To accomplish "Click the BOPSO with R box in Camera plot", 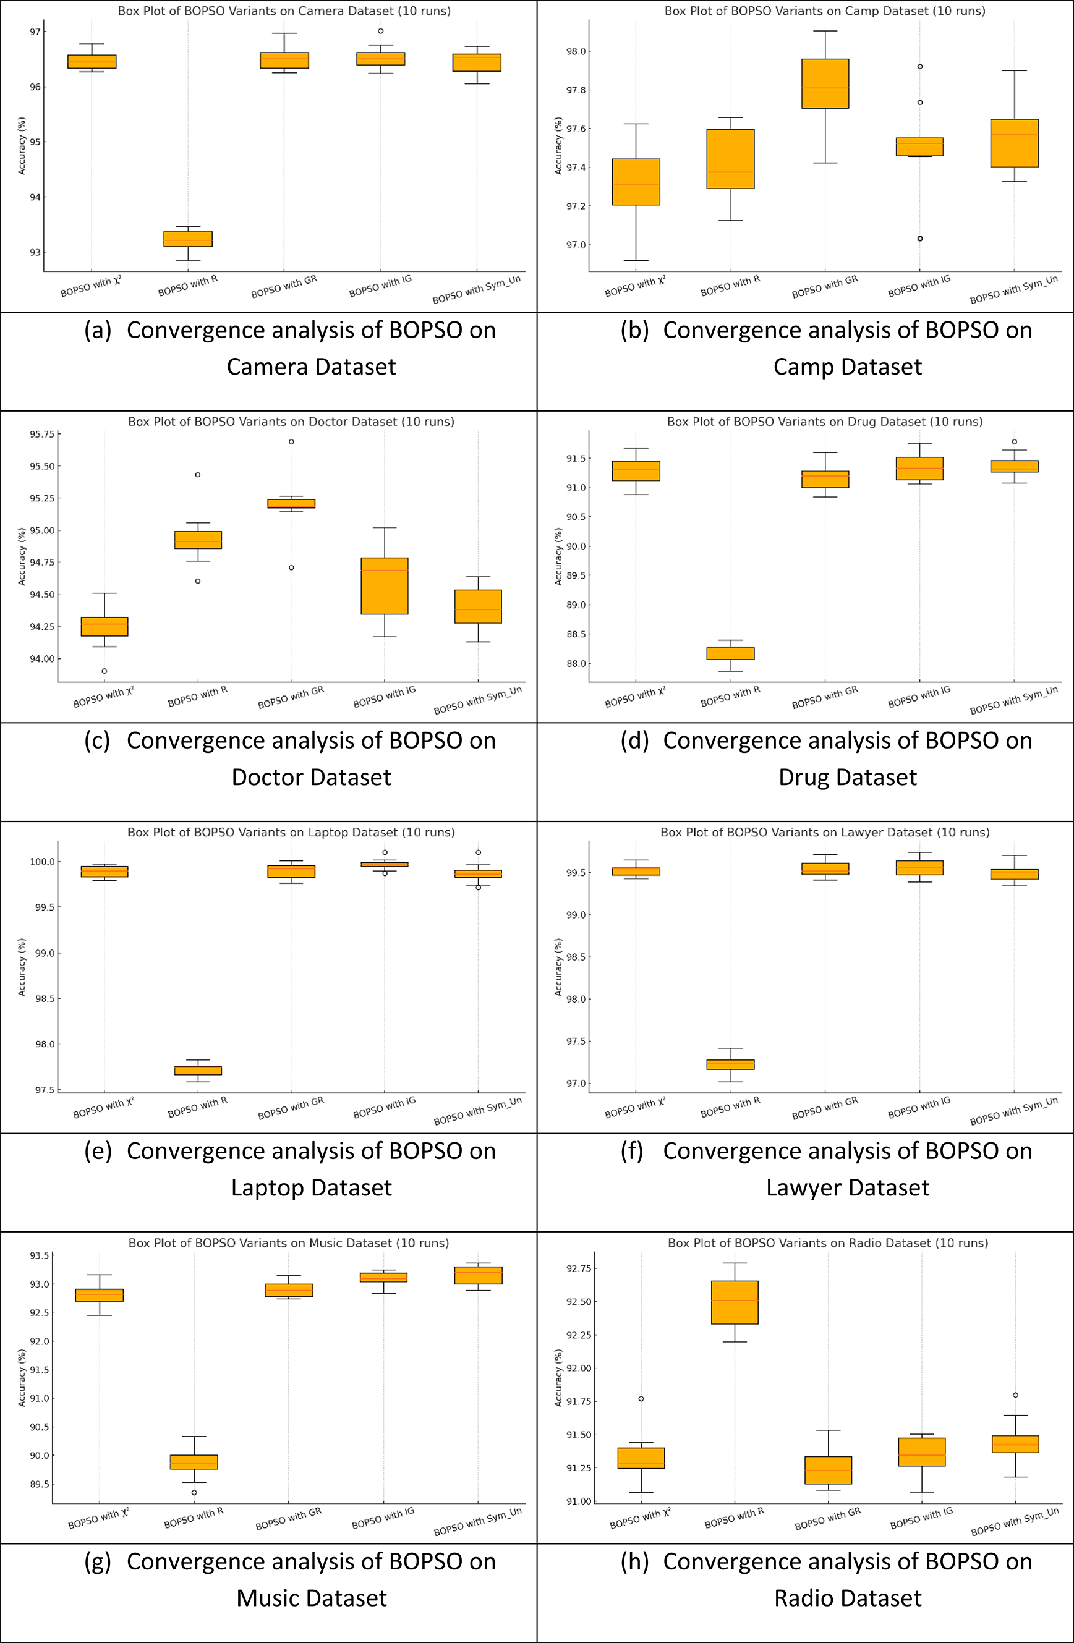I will click(x=188, y=239).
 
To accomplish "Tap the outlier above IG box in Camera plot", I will click(x=380, y=31).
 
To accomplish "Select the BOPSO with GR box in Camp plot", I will click(x=825, y=83).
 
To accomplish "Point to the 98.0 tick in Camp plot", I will click(x=575, y=52).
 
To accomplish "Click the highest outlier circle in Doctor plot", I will click(x=291, y=442).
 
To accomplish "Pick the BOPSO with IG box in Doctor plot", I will click(x=385, y=586).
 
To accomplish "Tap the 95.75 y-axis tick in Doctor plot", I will click(x=41, y=434).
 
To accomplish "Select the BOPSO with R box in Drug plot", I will click(x=730, y=653).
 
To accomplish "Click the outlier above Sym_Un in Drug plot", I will click(x=1014, y=442).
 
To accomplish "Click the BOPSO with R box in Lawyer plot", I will click(x=730, y=1064).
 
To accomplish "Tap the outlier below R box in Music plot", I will click(x=194, y=1493).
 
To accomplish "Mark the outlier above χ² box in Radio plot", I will click(x=641, y=1399).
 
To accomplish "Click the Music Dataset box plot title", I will click(x=288, y=1242).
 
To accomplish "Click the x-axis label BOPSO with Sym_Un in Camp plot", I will click(x=1013, y=289).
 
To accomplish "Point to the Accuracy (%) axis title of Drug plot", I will click(x=558, y=556).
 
